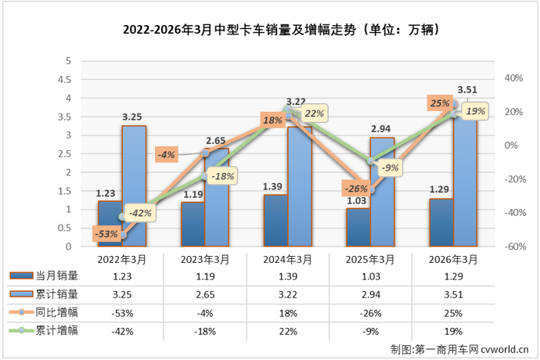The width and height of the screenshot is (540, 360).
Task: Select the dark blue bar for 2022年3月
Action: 110,224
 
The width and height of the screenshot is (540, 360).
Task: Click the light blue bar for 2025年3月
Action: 382,193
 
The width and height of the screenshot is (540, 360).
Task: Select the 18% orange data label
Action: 272,121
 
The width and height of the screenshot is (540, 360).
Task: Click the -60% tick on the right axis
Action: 513,247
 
